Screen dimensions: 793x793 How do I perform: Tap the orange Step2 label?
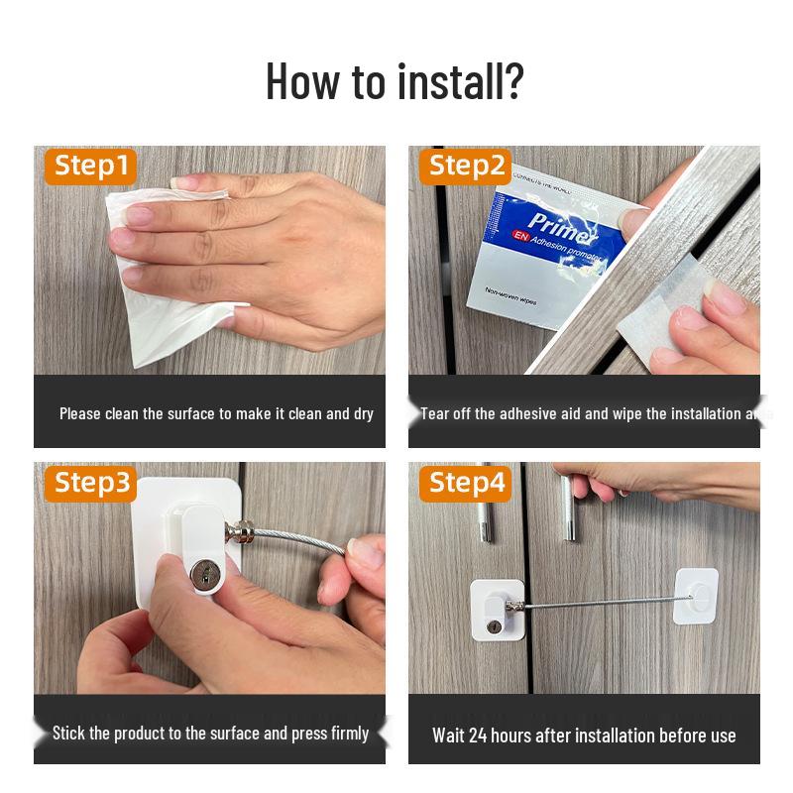(x=467, y=166)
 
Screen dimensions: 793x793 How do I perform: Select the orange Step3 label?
(x=91, y=483)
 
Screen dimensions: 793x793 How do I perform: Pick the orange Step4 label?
(x=467, y=483)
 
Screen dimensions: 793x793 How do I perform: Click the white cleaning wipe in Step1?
(x=164, y=268)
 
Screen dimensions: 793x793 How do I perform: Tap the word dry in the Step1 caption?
(x=364, y=413)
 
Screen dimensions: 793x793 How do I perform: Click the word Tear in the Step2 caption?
(x=435, y=413)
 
